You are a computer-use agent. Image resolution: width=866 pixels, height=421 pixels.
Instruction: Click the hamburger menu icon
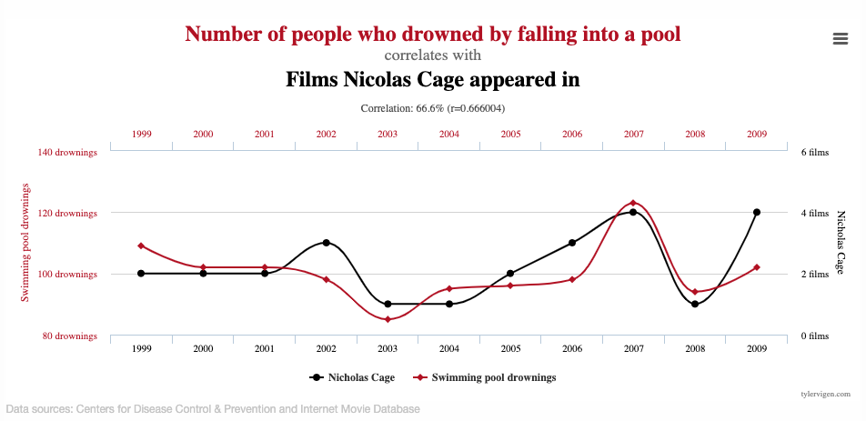tap(841, 37)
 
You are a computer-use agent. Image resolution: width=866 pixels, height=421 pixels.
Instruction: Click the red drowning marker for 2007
tap(633, 203)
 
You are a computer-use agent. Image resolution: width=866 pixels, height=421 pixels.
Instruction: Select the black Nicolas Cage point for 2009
tap(756, 212)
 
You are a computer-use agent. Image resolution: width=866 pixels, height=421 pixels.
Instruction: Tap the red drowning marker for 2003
tap(388, 319)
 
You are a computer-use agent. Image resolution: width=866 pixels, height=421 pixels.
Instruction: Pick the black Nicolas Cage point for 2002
tap(326, 243)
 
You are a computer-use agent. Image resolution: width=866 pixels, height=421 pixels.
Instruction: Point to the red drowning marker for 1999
tap(141, 246)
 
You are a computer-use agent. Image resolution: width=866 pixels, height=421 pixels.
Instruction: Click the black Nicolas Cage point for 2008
tap(695, 304)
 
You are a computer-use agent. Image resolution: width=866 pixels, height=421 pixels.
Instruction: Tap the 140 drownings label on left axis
tap(67, 152)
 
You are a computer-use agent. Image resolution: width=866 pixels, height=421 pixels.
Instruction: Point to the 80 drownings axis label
tap(69, 336)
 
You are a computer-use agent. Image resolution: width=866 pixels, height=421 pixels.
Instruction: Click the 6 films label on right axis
tap(814, 152)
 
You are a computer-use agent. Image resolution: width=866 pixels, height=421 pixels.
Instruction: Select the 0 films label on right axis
tap(814, 336)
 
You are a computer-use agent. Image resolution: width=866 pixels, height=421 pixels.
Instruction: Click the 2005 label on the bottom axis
tap(510, 348)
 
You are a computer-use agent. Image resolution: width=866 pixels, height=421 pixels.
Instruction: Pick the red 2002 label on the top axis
tap(326, 134)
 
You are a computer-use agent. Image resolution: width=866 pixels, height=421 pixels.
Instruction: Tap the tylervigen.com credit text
tap(825, 395)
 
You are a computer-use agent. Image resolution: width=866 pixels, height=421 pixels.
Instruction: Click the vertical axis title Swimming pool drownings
tap(25, 243)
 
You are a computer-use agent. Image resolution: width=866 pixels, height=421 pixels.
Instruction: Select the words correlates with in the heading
tap(432, 55)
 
